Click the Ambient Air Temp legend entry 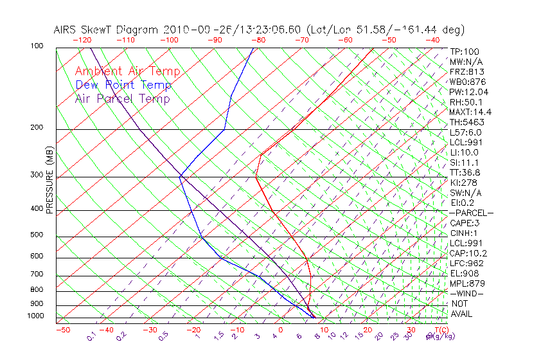(127, 71)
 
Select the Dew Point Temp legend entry (123, 85)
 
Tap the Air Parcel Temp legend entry (122, 98)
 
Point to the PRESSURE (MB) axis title (50, 181)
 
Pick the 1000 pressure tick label (37, 316)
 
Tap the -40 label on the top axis (432, 40)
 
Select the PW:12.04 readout (468, 92)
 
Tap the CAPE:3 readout (465, 223)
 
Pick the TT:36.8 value (465, 172)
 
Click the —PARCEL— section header (471, 213)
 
